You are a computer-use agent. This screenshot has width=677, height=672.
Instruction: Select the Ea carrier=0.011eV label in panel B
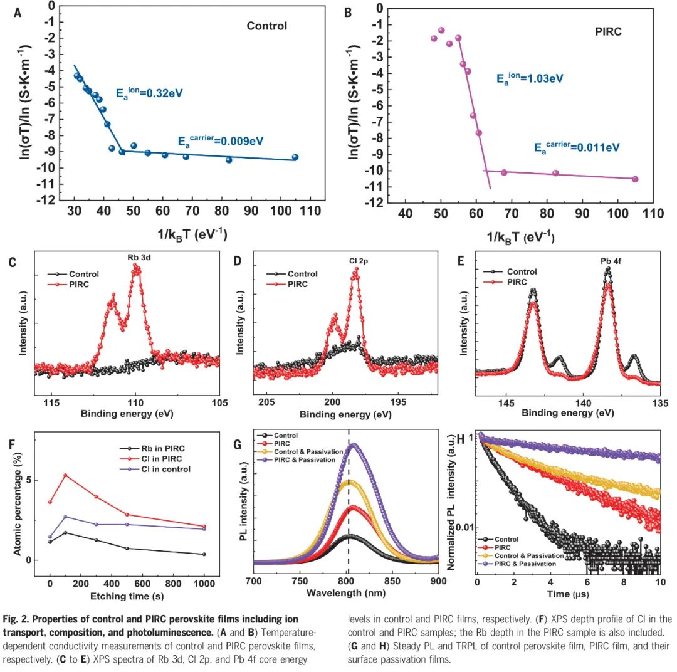[576, 147]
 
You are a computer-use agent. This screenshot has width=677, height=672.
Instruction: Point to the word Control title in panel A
[266, 26]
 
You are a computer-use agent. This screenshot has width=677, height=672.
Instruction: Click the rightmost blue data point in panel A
[295, 157]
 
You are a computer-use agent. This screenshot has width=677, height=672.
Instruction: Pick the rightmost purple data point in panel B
[635, 179]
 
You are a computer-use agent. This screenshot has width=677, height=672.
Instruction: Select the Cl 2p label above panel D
[354, 258]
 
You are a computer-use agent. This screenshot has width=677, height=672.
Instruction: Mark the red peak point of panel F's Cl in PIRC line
[65, 475]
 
